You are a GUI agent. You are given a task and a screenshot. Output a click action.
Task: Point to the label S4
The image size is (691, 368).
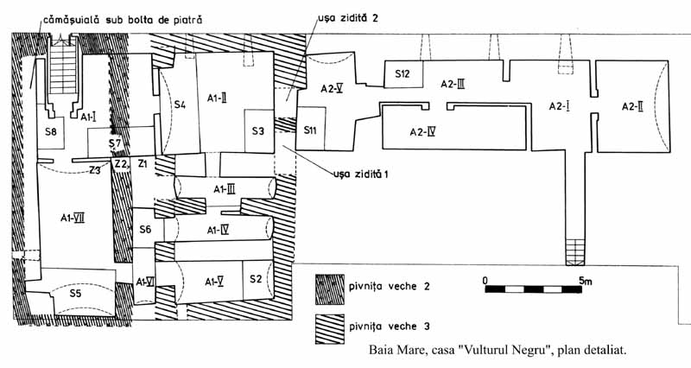[x=180, y=105]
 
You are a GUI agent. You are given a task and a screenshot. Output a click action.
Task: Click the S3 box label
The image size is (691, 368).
[x=258, y=131]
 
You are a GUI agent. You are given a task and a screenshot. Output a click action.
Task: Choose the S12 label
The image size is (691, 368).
[x=403, y=74]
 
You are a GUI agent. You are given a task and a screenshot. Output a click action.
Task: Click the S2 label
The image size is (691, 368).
[x=255, y=279]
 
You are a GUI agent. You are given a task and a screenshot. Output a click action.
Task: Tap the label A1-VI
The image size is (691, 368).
[x=143, y=282]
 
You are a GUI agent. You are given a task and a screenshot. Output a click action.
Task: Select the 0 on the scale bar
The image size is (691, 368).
[x=485, y=281]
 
